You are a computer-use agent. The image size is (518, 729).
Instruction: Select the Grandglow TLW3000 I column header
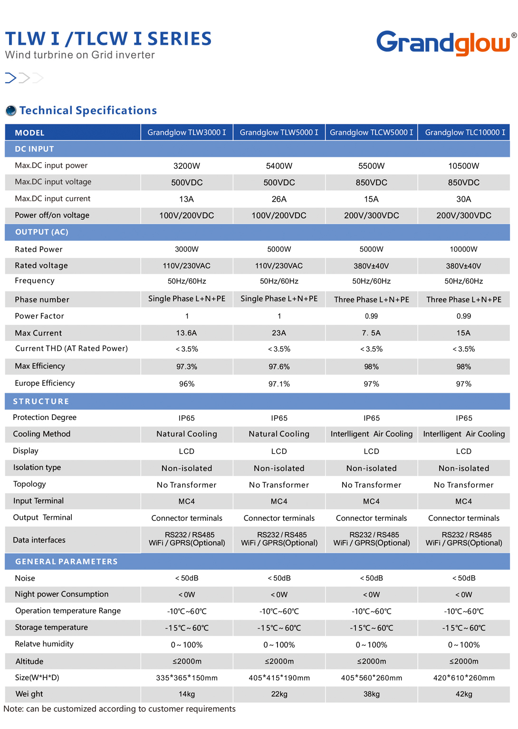tap(187, 132)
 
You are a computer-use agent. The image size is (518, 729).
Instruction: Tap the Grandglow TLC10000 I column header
tap(465, 132)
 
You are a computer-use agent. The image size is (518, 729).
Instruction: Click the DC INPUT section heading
tap(34, 149)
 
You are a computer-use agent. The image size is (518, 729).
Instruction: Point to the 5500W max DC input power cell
tap(371, 166)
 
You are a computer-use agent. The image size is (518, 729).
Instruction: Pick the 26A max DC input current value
tap(279, 199)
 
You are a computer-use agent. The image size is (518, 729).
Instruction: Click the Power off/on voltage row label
tap(52, 215)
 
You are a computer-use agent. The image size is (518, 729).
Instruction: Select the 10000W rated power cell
tap(463, 249)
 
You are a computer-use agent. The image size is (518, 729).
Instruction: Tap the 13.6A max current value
tap(187, 333)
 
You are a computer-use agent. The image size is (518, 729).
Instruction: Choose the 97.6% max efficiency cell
tap(279, 367)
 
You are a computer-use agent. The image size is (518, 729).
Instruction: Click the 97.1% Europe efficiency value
tap(279, 384)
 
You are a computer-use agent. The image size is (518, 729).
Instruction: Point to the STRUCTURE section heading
tap(41, 401)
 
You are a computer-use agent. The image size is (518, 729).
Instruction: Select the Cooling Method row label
tap(42, 434)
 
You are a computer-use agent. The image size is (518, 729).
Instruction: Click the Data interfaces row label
tap(39, 540)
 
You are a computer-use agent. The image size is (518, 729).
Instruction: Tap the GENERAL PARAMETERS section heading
tap(66, 562)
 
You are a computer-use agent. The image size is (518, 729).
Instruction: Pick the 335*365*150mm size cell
tap(187, 678)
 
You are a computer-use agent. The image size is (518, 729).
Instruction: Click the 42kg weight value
tap(464, 694)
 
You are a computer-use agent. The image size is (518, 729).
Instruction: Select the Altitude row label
tap(29, 661)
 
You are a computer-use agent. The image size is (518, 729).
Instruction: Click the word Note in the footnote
tap(13, 709)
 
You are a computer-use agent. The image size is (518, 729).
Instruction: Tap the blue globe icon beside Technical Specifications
tap(11, 111)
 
